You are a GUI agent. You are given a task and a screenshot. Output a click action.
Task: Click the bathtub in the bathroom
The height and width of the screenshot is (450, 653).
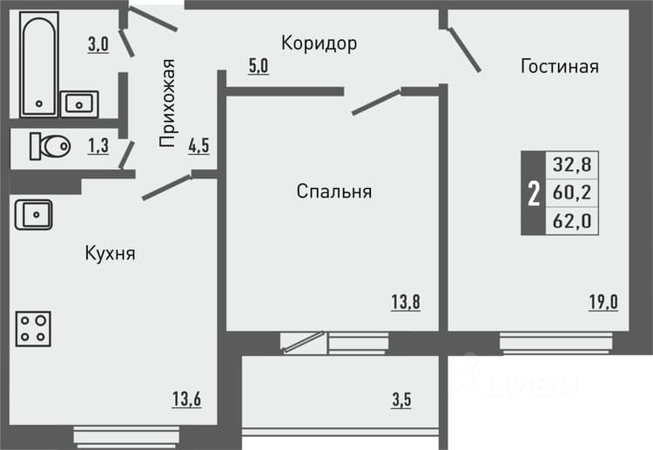pyautogui.click(x=38, y=64)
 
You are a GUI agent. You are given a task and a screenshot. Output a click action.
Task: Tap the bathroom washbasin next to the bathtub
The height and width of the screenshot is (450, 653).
pyautogui.click(x=79, y=104)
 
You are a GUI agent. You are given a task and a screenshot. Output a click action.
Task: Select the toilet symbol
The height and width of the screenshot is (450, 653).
pyautogui.click(x=50, y=146)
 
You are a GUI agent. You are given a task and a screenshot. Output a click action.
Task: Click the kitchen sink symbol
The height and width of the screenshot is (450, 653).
pyautogui.click(x=34, y=215)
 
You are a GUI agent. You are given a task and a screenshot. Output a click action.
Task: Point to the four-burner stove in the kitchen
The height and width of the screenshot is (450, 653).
pyautogui.click(x=33, y=329)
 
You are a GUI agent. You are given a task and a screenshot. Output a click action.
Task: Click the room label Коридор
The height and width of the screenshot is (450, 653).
pyautogui.click(x=319, y=44)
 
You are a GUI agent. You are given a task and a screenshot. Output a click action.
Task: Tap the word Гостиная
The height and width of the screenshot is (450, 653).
pyautogui.click(x=560, y=67)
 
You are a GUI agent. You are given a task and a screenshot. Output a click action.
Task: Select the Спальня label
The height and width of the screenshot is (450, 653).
pyautogui.click(x=334, y=191)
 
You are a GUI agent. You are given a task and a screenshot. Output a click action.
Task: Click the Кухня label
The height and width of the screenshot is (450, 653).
pyautogui.click(x=111, y=253)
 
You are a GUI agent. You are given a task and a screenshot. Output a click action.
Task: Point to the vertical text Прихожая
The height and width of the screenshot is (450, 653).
pyautogui.click(x=167, y=104)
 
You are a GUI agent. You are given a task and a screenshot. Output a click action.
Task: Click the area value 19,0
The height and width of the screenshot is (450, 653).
pyautogui.click(x=603, y=302)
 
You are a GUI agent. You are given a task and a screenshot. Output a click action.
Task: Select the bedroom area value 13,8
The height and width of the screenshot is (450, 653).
pyautogui.click(x=406, y=302)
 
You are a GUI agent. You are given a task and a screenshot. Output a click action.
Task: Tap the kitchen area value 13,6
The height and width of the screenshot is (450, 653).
pyautogui.click(x=186, y=399)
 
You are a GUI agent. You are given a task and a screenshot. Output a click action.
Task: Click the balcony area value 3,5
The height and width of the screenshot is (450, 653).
pyautogui.click(x=401, y=400)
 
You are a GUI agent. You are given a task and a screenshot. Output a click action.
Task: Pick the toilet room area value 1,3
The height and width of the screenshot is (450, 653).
pyautogui.click(x=98, y=145)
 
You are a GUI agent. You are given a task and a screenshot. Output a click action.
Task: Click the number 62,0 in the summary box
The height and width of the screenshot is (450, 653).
pyautogui.click(x=572, y=221)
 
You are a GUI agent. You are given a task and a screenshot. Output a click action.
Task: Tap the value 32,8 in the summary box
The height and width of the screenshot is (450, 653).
pyautogui.click(x=572, y=165)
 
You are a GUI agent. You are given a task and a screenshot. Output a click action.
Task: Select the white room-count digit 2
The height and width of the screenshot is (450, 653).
pyautogui.click(x=534, y=193)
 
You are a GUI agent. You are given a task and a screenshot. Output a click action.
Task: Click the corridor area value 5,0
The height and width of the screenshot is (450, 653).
pyautogui.click(x=259, y=66)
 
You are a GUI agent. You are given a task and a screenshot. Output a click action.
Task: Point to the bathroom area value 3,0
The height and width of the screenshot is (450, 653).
pyautogui.click(x=98, y=44)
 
